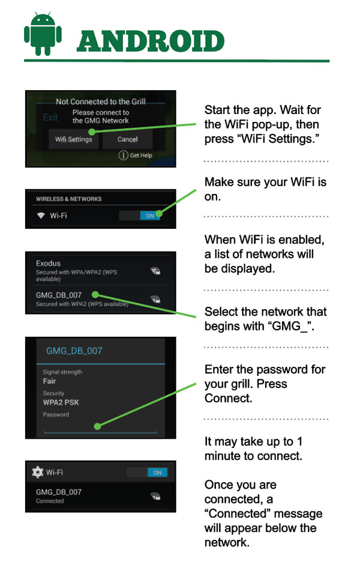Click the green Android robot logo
(x=43, y=34)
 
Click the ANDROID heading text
(x=151, y=41)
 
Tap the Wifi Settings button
(x=74, y=139)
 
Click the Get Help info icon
(x=123, y=156)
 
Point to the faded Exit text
(x=50, y=118)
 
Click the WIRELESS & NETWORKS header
(x=69, y=199)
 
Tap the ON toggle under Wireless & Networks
(x=150, y=216)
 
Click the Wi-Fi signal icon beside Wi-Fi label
(x=41, y=216)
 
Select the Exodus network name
(x=48, y=264)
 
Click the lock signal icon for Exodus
(x=155, y=271)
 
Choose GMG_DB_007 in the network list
(x=59, y=295)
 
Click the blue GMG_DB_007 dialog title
(x=74, y=351)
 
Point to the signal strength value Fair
(x=49, y=381)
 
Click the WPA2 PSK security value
(x=61, y=402)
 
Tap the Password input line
(x=100, y=432)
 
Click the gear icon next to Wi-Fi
(x=37, y=472)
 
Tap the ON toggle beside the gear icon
(x=157, y=473)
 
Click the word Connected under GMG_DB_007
(x=50, y=501)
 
